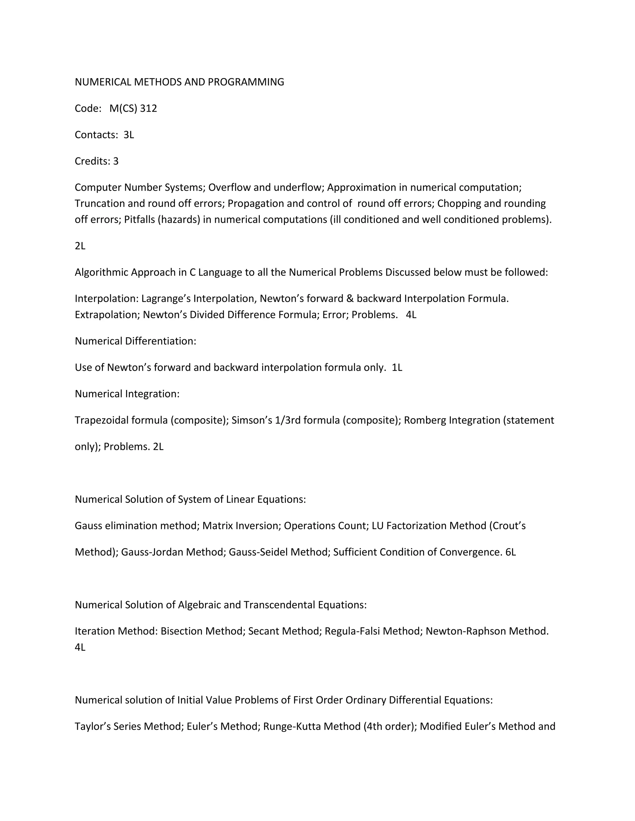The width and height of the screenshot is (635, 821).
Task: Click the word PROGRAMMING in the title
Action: (x=246, y=82)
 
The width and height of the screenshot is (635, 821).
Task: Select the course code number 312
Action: (x=149, y=108)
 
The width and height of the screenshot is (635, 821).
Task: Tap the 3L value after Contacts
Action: (x=129, y=134)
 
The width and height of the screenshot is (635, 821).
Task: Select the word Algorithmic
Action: (x=101, y=272)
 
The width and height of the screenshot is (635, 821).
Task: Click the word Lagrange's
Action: (x=166, y=298)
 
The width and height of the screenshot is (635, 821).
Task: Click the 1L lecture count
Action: (x=397, y=367)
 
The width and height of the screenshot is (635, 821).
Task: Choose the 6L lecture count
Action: (x=510, y=552)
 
